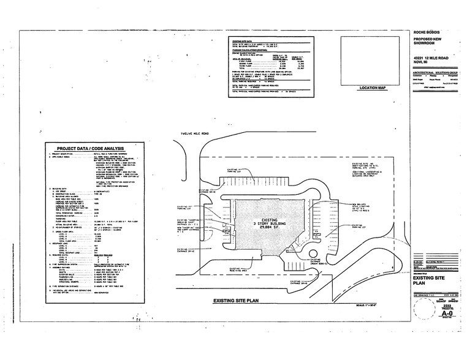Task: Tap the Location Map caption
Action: point(374,88)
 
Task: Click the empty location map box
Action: point(373,59)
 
